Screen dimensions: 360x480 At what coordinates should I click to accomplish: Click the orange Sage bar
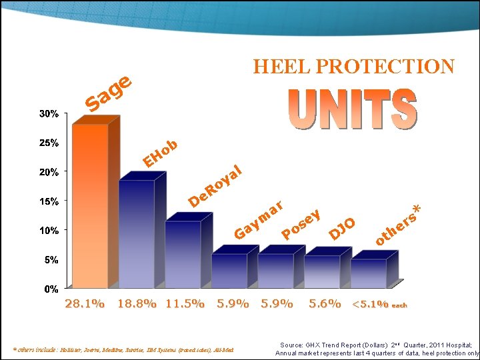[90, 207]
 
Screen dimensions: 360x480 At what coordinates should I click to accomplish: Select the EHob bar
[136, 233]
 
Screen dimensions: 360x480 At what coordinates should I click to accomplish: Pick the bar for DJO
[322, 271]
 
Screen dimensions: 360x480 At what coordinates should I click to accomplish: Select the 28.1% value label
[84, 304]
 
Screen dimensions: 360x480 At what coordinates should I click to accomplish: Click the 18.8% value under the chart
[137, 304]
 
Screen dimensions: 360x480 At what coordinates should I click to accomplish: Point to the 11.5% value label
[185, 304]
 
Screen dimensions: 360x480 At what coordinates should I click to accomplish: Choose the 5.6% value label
[325, 304]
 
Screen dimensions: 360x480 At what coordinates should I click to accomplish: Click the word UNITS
[353, 110]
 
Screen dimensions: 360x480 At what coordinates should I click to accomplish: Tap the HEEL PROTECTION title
[353, 67]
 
